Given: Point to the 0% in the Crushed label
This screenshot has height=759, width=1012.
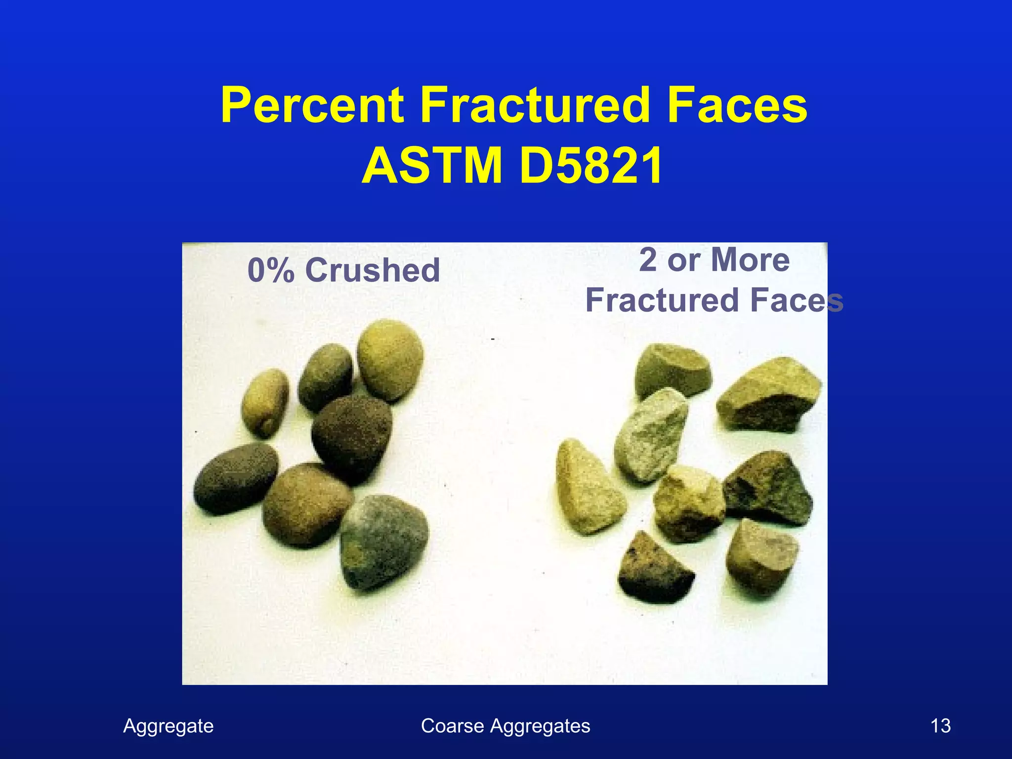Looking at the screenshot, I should pyautogui.click(x=271, y=271).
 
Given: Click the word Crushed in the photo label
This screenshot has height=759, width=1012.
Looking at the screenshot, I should pyautogui.click(x=373, y=271).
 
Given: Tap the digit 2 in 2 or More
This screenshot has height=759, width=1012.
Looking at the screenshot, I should pyautogui.click(x=648, y=260).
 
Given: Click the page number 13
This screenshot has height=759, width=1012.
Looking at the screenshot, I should pyautogui.click(x=940, y=726).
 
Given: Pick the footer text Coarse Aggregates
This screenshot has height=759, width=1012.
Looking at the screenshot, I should pyautogui.click(x=505, y=726).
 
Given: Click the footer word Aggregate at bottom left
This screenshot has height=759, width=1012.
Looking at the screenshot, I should pyautogui.click(x=168, y=726).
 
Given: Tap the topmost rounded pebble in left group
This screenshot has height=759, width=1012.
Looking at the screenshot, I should pyautogui.click(x=390, y=359).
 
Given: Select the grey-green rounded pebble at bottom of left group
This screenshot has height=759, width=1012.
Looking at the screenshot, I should pyautogui.click(x=384, y=541).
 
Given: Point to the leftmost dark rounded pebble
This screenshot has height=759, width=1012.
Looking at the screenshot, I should pyautogui.click(x=235, y=478).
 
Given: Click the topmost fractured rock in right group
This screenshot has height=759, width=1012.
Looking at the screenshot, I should pyautogui.click(x=672, y=371).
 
